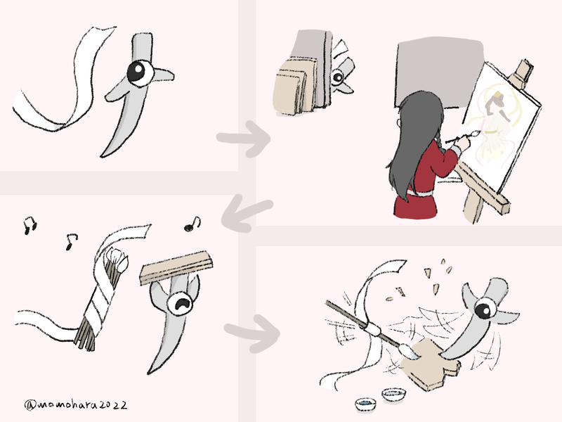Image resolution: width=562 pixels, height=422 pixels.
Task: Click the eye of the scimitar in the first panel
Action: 140,73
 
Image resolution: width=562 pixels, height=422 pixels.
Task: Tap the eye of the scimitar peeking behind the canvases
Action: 337,77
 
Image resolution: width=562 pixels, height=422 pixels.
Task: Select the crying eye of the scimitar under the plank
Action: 181,304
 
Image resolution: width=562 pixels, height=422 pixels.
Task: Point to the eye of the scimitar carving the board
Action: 485,309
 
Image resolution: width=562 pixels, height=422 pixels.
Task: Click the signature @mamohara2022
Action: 76,405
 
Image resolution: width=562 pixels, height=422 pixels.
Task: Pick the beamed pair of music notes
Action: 30,225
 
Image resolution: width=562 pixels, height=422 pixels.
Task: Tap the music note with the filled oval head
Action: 192,224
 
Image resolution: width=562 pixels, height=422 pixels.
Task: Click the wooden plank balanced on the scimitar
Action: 176,268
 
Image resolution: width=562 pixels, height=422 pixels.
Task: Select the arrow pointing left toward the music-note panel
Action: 247,214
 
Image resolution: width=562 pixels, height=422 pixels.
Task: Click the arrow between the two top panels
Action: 244,139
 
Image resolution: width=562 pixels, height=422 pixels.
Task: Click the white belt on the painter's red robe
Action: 420,193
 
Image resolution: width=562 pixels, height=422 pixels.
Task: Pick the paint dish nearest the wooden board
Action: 393,394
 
